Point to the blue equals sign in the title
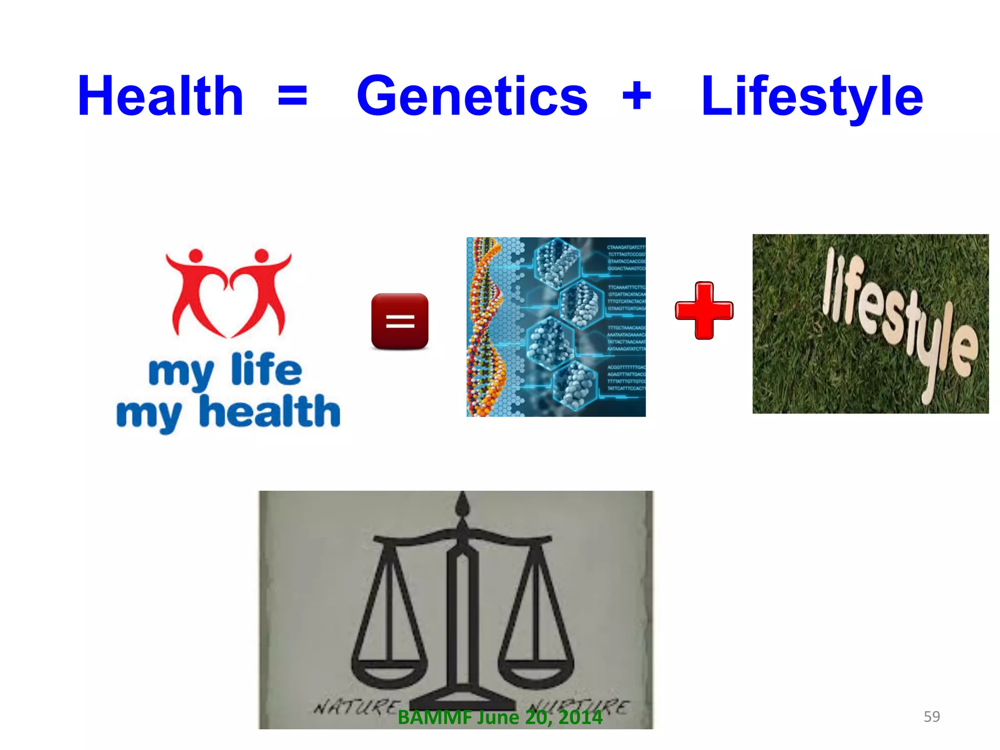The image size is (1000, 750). coord(292,96)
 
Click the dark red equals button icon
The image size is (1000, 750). coord(399,321)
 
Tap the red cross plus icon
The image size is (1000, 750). coord(704,311)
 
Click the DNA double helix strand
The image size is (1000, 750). coord(483,327)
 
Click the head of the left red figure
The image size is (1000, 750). coord(196,255)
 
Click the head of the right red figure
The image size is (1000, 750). coord(262,255)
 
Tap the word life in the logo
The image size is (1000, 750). coord(267,370)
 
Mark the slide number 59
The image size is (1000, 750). coord(932,716)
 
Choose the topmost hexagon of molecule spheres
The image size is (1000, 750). coord(557,263)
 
